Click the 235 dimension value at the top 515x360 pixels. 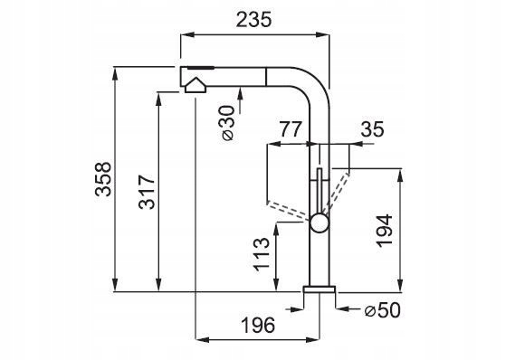click(x=254, y=20)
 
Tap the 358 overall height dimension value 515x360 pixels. click(x=103, y=179)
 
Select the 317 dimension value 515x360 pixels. click(x=147, y=192)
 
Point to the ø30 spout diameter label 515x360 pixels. click(x=228, y=123)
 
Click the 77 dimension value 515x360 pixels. click(x=290, y=129)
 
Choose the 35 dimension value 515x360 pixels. click(x=372, y=129)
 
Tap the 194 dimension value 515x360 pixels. click(x=385, y=231)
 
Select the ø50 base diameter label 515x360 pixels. click(x=383, y=310)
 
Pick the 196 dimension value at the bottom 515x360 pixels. click(x=258, y=326)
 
